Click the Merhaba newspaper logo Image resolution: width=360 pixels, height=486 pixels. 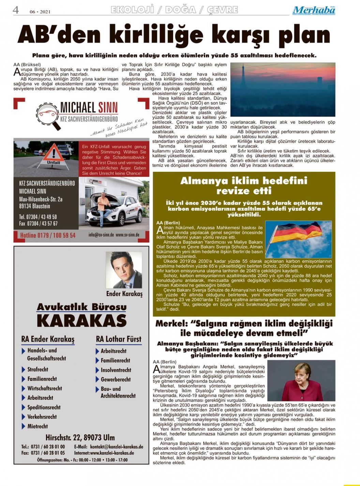314,10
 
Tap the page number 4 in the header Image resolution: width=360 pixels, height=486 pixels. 16,10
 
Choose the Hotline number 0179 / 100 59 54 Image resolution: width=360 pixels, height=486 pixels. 48,235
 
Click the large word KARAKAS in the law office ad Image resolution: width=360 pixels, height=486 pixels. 81,321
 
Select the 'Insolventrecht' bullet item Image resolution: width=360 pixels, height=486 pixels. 116,370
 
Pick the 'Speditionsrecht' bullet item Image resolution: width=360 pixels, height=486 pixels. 44,407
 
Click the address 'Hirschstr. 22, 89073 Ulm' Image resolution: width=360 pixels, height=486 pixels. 80,437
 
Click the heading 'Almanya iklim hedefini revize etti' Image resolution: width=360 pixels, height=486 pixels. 244,185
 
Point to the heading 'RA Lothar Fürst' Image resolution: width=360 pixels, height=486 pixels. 118,339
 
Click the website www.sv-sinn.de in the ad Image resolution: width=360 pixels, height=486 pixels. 127,235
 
